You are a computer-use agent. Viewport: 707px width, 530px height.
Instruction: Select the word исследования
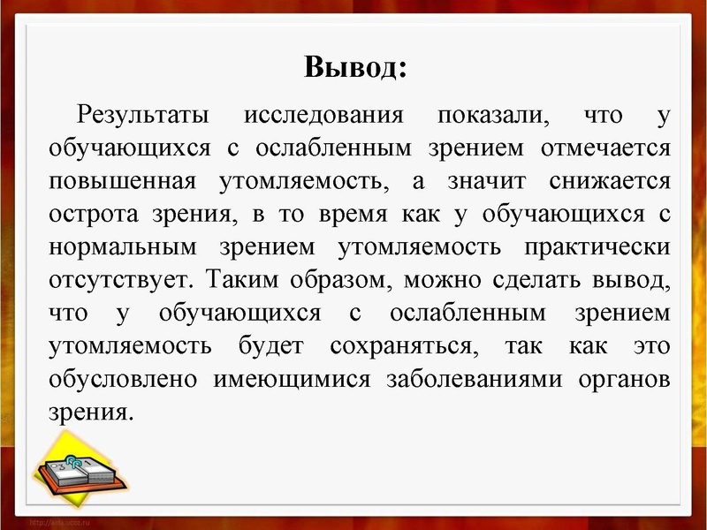pos(323,116)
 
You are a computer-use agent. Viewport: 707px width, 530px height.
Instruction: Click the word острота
pos(97,215)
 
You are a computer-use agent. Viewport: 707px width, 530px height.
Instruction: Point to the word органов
pos(624,379)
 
